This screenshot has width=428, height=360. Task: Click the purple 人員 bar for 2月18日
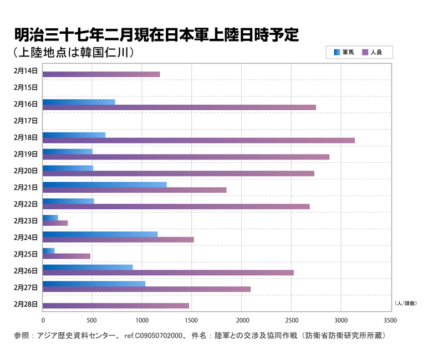[x=198, y=140]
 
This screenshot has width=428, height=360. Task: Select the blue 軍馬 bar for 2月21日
[x=104, y=184]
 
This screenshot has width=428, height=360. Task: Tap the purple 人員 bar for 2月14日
[x=101, y=74]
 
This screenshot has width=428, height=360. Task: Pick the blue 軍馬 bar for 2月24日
[x=100, y=234]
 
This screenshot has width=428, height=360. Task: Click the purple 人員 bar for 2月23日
[x=55, y=223]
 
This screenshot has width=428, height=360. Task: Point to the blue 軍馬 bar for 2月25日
[x=48, y=251]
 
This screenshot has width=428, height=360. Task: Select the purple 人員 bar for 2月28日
[x=115, y=306]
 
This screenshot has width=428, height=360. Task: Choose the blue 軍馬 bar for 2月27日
[x=94, y=284]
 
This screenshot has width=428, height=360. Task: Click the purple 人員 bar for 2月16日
[x=179, y=107]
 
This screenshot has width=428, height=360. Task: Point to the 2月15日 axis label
[x=26, y=87]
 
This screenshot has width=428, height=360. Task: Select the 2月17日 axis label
[x=26, y=120]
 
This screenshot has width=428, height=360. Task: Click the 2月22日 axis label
[x=26, y=204]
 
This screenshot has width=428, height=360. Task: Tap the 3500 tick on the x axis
[x=390, y=320]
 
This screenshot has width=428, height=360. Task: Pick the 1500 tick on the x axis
[x=191, y=320]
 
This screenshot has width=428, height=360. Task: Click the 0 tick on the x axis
[x=43, y=320]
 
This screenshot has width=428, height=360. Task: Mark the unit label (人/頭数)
[x=405, y=304]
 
